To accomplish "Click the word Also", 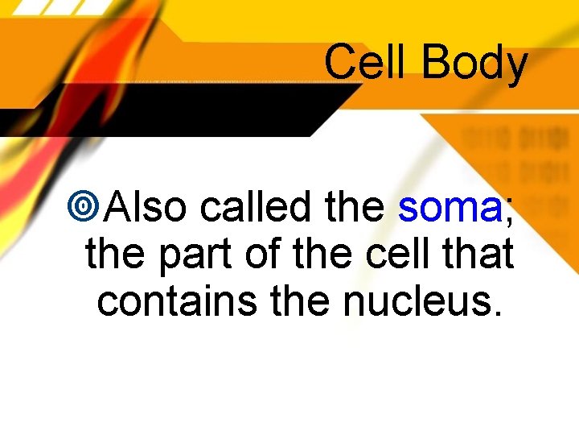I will pyautogui.click(x=147, y=208).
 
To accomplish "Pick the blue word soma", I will pyautogui.click(x=450, y=209).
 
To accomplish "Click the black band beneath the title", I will pyautogui.click(x=161, y=101).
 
